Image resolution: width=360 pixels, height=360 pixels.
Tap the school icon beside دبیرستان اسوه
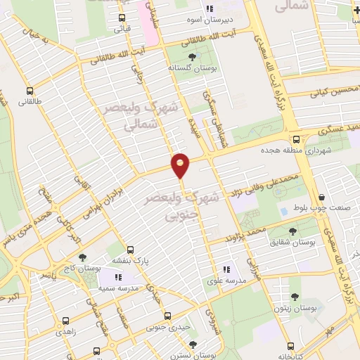209,8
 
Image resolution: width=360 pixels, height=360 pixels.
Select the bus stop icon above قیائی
122,18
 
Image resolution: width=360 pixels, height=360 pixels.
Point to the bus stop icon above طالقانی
30,91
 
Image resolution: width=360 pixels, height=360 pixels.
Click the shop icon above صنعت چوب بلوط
322,198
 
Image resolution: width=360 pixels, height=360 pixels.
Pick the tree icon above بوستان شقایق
293,230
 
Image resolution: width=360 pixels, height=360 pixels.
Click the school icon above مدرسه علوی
226,269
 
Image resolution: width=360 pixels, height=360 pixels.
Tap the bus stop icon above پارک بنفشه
129,249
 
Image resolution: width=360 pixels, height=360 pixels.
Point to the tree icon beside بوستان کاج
83,259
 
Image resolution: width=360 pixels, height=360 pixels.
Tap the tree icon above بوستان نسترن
193,344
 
